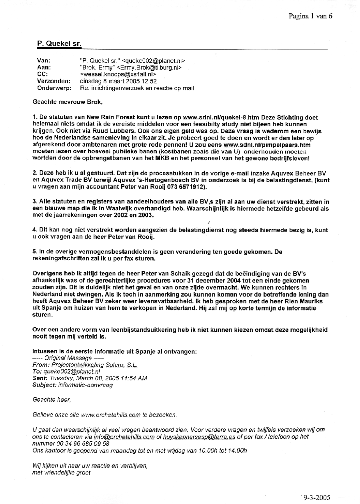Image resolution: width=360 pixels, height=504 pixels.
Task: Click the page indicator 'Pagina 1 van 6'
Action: pos(310,16)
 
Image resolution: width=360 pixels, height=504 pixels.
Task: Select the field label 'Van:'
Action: pos(44,61)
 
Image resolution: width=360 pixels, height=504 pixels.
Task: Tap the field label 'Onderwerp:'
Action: pos(54,88)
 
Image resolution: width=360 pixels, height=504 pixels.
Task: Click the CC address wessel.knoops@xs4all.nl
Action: pos(118,74)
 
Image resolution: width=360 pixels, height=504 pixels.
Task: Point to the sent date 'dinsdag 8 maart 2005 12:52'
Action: pos(118,81)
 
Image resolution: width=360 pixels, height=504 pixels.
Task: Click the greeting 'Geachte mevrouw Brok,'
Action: pos(68,102)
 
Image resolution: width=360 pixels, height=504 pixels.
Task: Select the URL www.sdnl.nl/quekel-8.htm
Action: pos(221,118)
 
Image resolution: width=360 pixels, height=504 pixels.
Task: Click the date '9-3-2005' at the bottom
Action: pos(317,497)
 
